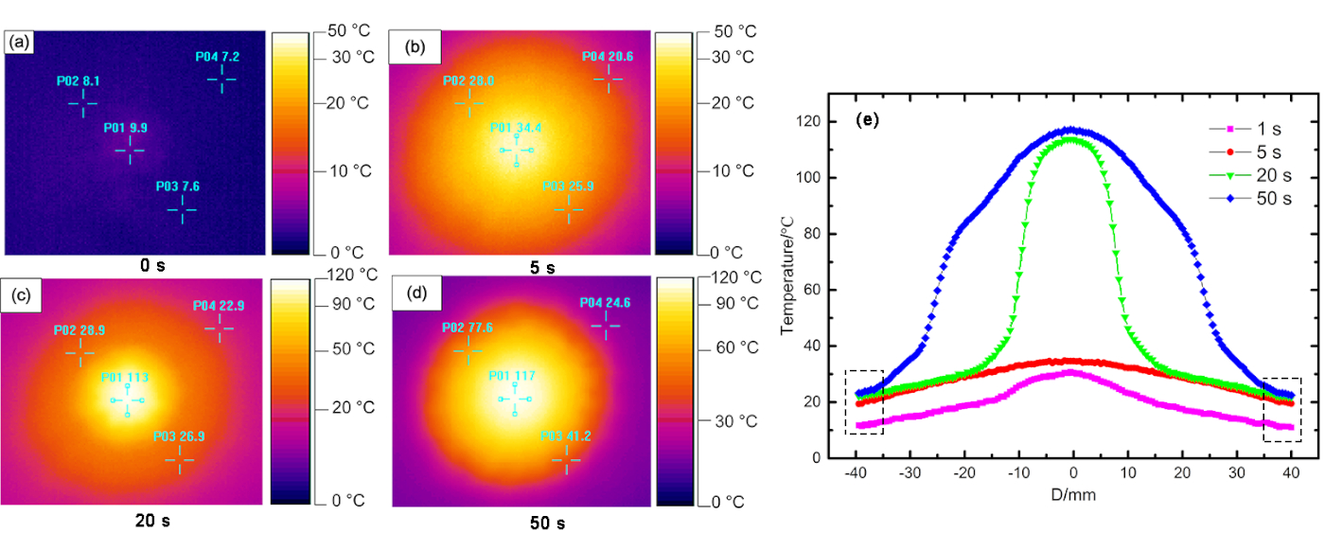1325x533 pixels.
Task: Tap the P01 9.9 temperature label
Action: click(126, 127)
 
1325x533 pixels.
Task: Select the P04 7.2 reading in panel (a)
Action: click(218, 58)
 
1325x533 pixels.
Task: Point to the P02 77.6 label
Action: click(467, 328)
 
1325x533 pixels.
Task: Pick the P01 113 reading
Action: click(125, 377)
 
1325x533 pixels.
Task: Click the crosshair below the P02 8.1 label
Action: click(82, 102)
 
